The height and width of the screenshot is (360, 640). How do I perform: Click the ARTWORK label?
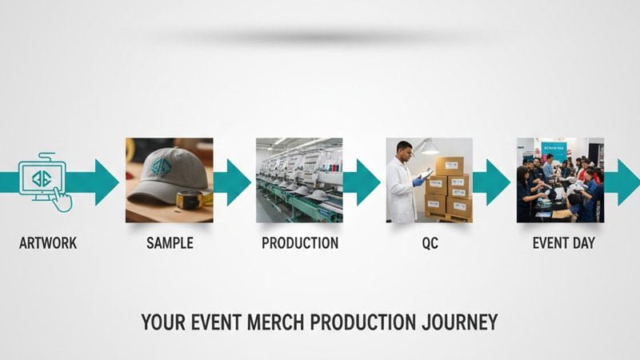[48, 243]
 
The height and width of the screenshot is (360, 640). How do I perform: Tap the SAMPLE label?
[170, 243]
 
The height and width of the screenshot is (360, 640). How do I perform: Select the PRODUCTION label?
[300, 243]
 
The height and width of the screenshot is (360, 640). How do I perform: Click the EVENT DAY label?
[564, 243]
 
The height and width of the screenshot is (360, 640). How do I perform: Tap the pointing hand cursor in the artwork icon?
[62, 198]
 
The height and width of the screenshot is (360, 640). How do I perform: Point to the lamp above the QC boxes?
[430, 149]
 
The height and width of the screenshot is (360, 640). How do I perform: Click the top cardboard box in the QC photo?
[449, 166]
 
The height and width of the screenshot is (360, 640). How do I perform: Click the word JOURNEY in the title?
[462, 322]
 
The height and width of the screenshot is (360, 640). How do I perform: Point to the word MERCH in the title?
[274, 322]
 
